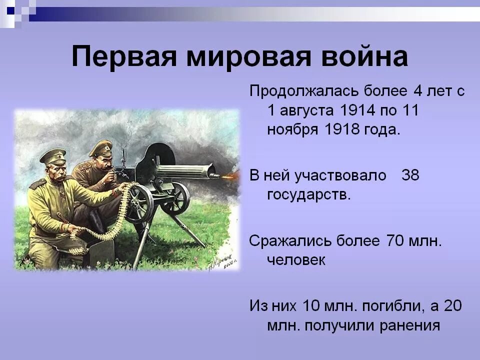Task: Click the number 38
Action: (x=410, y=175)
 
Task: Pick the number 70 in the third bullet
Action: (x=395, y=240)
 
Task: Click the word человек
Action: (x=296, y=260)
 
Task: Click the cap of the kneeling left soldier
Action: (x=52, y=155)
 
